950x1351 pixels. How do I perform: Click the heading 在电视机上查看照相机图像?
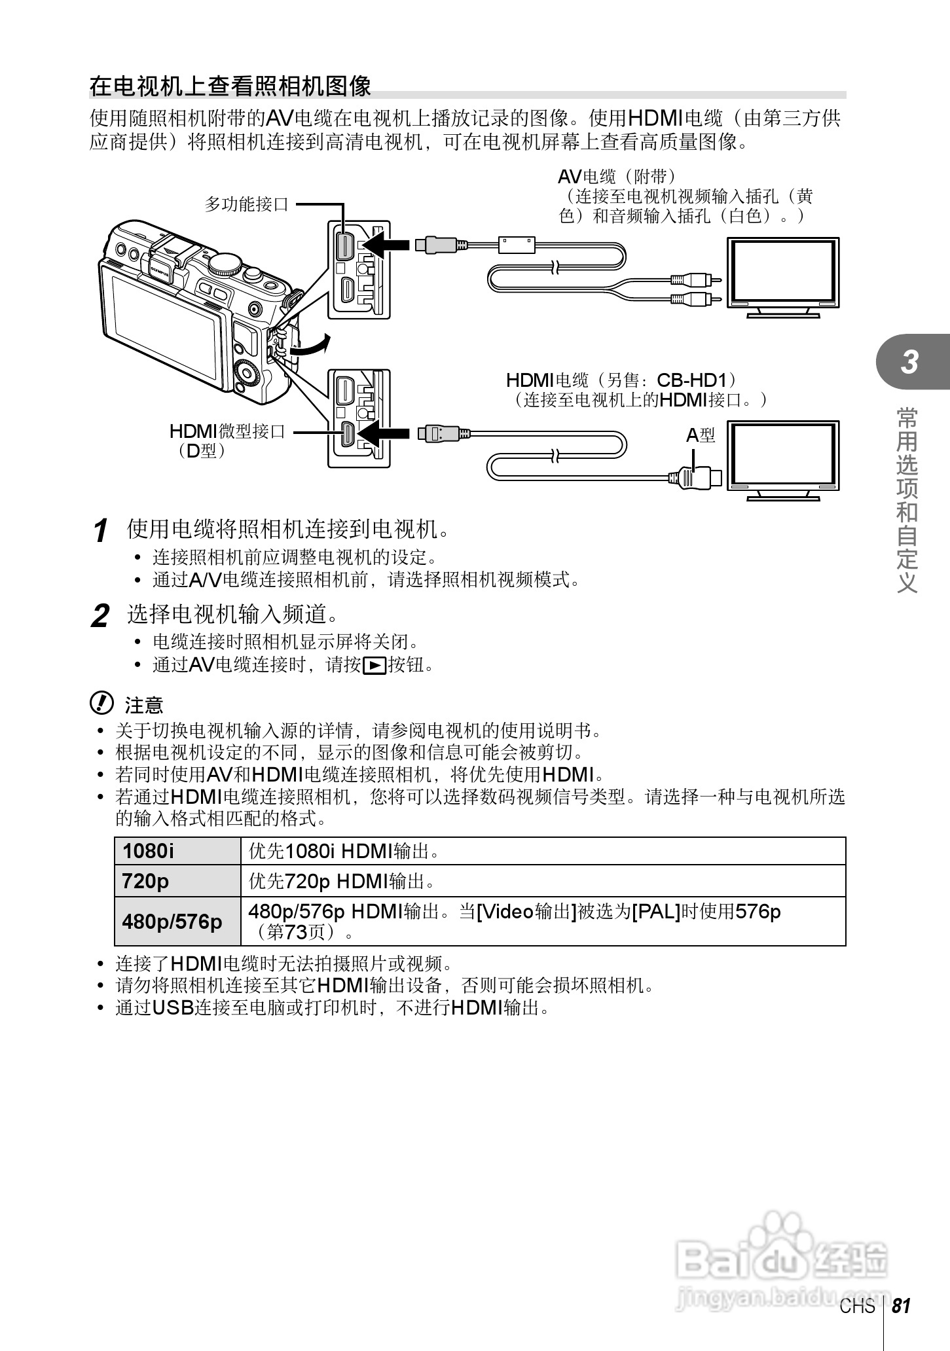[x=230, y=86]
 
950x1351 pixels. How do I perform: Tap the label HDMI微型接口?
[x=227, y=431]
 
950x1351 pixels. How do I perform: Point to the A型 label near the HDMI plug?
[x=700, y=435]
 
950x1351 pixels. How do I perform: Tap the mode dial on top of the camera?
[x=225, y=264]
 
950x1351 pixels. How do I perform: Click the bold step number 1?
[x=100, y=530]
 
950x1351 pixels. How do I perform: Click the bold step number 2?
[x=100, y=616]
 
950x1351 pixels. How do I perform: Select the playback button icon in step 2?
[x=374, y=666]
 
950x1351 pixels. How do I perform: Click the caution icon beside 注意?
[x=101, y=704]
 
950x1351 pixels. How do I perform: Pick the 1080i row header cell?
[x=177, y=851]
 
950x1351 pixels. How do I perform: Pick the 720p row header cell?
[x=177, y=881]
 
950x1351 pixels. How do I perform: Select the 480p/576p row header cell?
[x=177, y=921]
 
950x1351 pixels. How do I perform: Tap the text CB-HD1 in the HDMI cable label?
[x=695, y=380]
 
